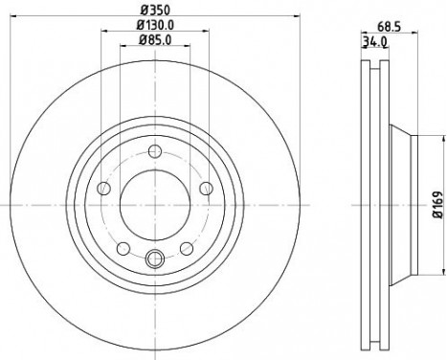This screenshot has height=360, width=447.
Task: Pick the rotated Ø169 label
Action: click(x=435, y=205)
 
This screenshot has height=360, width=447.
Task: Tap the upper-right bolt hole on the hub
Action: click(x=206, y=188)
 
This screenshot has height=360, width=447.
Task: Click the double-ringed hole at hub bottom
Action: click(x=154, y=258)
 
